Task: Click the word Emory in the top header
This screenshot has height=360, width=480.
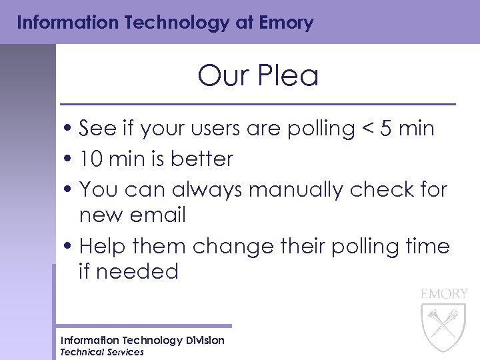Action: coord(284,23)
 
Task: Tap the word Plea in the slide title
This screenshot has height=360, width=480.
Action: coord(289,76)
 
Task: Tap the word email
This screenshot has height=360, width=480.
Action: coord(159,215)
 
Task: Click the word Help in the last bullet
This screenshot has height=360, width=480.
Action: coord(102,247)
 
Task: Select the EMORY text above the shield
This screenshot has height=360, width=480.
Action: coord(443,293)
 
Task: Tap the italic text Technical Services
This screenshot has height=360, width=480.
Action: coord(102,352)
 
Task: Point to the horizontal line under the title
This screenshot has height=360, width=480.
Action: coord(257,105)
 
